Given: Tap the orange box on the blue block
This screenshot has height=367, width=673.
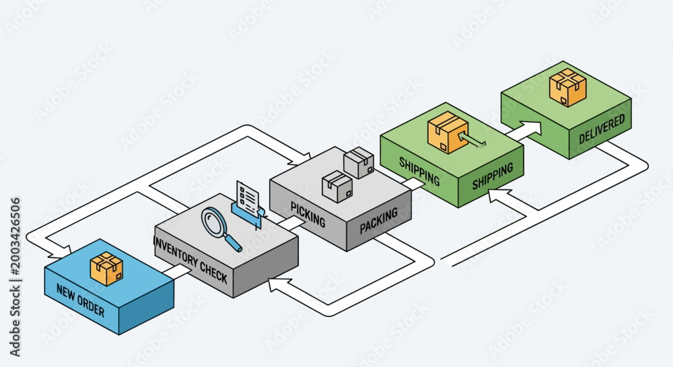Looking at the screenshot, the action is tap(106, 268).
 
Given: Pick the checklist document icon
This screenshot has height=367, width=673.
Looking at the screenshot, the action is tap(248, 199).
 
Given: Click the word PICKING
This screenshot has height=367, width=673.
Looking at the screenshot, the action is tap(308, 214).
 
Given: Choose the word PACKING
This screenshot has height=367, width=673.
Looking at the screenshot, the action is tap(378, 221).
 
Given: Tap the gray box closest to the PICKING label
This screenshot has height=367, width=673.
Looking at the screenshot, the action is tap(337, 187).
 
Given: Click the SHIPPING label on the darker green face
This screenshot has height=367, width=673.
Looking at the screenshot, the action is tap(493, 176).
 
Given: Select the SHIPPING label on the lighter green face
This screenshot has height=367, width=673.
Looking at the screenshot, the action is tap(419, 171).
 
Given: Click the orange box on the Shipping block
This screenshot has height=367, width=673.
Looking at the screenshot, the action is tap(448, 132).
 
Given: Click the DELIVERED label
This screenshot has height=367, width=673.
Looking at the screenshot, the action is tap(602, 129).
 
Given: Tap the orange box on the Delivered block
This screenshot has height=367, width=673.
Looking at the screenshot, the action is tap(568, 87).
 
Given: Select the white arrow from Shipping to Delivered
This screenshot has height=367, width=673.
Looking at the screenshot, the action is tap(524, 131).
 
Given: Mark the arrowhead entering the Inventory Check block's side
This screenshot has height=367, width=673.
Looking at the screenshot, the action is tap(275, 285).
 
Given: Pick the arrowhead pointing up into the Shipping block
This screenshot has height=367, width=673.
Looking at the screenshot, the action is tap(498, 195).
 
